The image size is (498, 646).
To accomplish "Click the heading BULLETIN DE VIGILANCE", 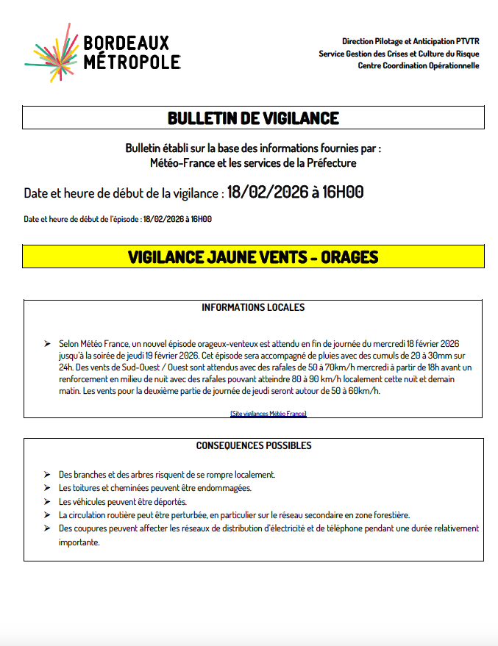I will click(253, 118).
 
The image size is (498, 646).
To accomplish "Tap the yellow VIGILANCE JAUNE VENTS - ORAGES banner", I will click(253, 257).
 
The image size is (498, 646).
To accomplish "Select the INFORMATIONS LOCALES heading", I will click(253, 307).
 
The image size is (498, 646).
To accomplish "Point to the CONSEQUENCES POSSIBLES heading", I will click(253, 445).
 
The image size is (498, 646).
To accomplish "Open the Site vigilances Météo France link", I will click(268, 414).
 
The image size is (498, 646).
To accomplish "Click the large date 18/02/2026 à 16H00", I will click(295, 193).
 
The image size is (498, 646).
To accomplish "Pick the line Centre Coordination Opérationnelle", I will click(419, 65).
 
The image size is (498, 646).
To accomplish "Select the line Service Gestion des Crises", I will click(399, 54).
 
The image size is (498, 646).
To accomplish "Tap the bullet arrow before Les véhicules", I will click(47, 501).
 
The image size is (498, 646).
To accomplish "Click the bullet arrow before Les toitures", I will click(47, 488).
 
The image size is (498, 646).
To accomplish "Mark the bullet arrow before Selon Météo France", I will click(47, 344).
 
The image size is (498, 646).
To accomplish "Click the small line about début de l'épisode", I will click(118, 219).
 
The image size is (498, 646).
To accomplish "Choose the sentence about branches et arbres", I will click(167, 475).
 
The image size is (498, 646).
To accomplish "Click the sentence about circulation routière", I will click(234, 515).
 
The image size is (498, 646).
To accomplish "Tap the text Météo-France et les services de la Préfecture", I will click(253, 162).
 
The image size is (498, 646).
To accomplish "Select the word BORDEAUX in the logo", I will click(126, 44).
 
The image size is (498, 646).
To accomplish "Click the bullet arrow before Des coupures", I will click(47, 528).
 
